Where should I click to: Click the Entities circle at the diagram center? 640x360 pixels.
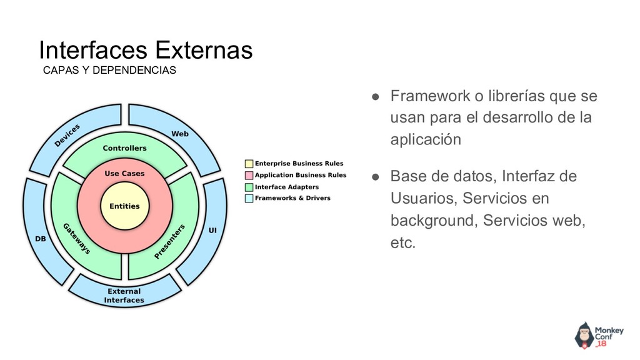pyautogui.click(x=124, y=206)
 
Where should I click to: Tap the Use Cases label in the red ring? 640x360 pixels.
pyautogui.click(x=124, y=173)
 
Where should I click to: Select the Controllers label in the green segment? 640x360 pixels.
pyautogui.click(x=124, y=148)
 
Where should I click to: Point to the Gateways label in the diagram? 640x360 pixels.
pyautogui.click(x=77, y=237)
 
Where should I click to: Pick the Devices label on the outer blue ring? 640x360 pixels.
pyautogui.click(x=67, y=135)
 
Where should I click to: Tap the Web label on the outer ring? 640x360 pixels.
pyautogui.click(x=180, y=134)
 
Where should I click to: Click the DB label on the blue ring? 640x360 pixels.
pyautogui.click(x=40, y=239)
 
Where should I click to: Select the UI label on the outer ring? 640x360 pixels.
pyautogui.click(x=212, y=231)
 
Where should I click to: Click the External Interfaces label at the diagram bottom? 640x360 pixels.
pyautogui.click(x=124, y=296)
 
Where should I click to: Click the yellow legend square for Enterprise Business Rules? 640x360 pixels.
pyautogui.click(x=249, y=164)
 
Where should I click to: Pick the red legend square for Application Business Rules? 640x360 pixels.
pyautogui.click(x=249, y=175)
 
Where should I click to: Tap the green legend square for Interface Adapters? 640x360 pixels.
pyautogui.click(x=249, y=187)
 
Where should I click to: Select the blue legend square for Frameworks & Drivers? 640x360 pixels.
pyautogui.click(x=249, y=198)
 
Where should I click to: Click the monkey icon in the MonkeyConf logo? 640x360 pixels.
pyautogui.click(x=584, y=335)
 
